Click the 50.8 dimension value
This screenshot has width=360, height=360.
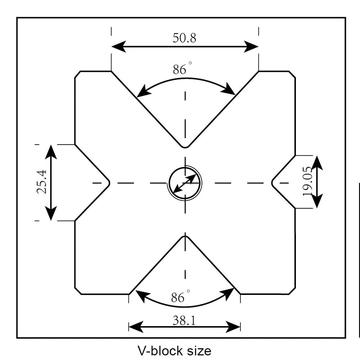[x=184, y=38]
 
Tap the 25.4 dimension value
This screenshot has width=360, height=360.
[x=43, y=182]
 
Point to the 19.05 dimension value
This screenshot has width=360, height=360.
[x=308, y=182]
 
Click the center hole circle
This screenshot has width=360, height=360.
[x=185, y=183]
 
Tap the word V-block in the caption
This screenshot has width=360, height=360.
[x=158, y=350]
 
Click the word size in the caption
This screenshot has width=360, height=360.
[x=198, y=350]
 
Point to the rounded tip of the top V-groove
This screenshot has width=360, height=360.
[x=185, y=147]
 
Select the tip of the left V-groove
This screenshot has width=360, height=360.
[x=109, y=183]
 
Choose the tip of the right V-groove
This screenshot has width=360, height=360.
[x=273, y=183]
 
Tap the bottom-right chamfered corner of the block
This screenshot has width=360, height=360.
[x=292, y=291]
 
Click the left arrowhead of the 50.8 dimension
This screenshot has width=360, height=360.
[x=117, y=46]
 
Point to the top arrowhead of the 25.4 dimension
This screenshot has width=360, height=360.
[x=51, y=150]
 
